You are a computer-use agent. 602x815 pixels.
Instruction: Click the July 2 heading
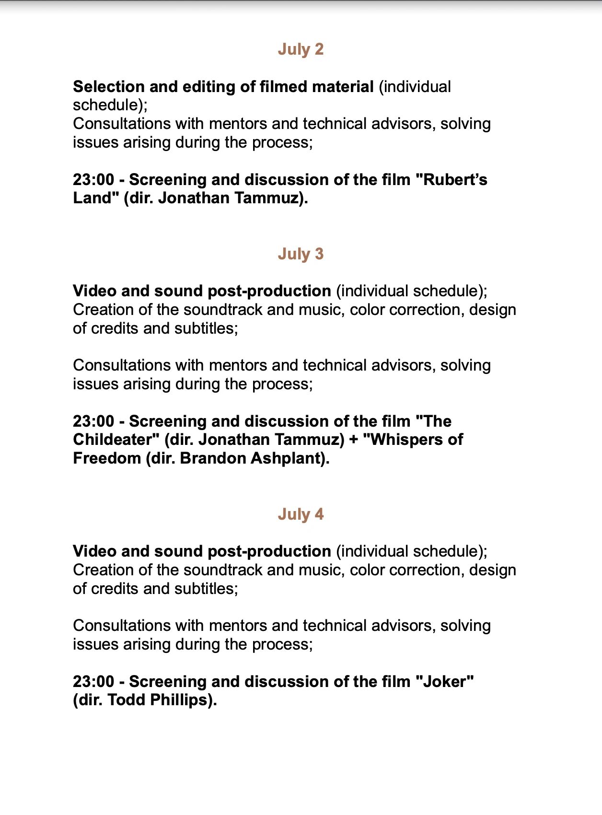pyautogui.click(x=301, y=49)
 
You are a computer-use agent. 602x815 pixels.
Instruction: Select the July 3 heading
pyautogui.click(x=301, y=254)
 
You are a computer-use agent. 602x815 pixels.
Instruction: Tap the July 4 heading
pyautogui.click(x=301, y=514)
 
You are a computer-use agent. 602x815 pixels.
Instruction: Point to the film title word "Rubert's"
pyautogui.click(x=455, y=180)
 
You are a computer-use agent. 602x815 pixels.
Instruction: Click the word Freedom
pyautogui.click(x=107, y=458)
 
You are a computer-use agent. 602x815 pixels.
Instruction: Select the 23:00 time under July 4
pyautogui.click(x=93, y=682)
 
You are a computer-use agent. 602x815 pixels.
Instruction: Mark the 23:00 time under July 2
pyautogui.click(x=93, y=180)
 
